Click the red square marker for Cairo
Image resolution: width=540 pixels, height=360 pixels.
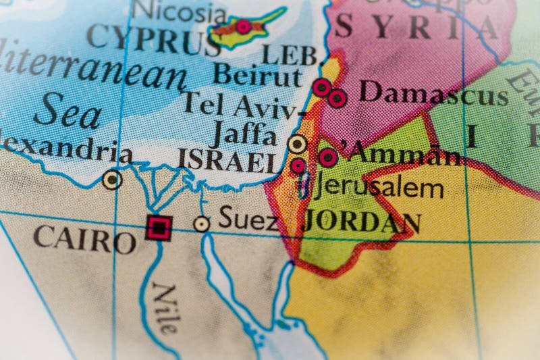tap(158, 228)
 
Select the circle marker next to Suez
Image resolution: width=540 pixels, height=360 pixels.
tap(201, 224)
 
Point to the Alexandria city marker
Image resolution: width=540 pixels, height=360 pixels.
tap(112, 180)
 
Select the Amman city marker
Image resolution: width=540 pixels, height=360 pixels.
tap(328, 157)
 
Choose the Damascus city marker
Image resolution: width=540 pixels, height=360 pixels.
tap(337, 99)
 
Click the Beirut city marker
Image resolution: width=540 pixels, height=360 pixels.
tap(322, 87)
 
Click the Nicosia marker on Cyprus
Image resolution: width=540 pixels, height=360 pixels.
tap(242, 27)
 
